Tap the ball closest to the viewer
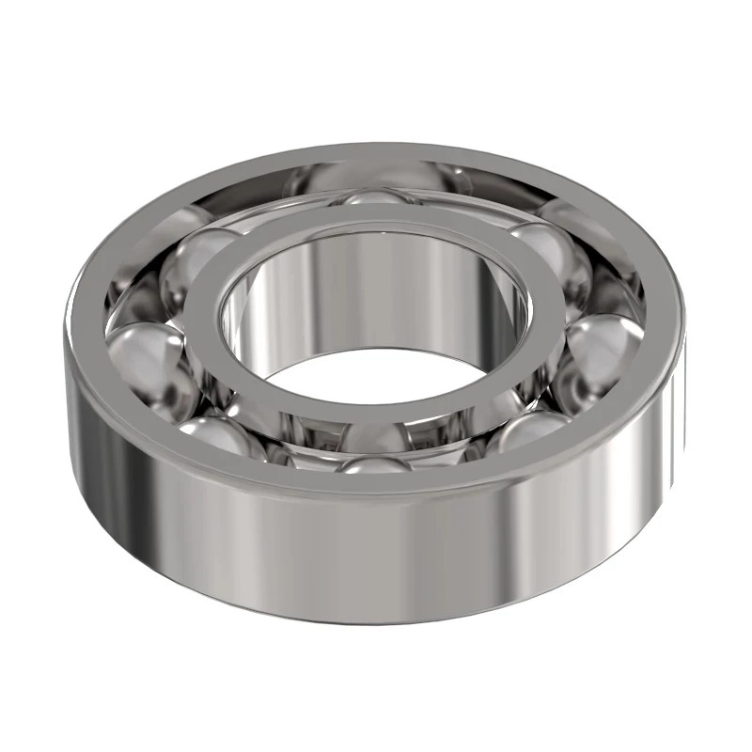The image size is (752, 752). (x=376, y=462)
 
